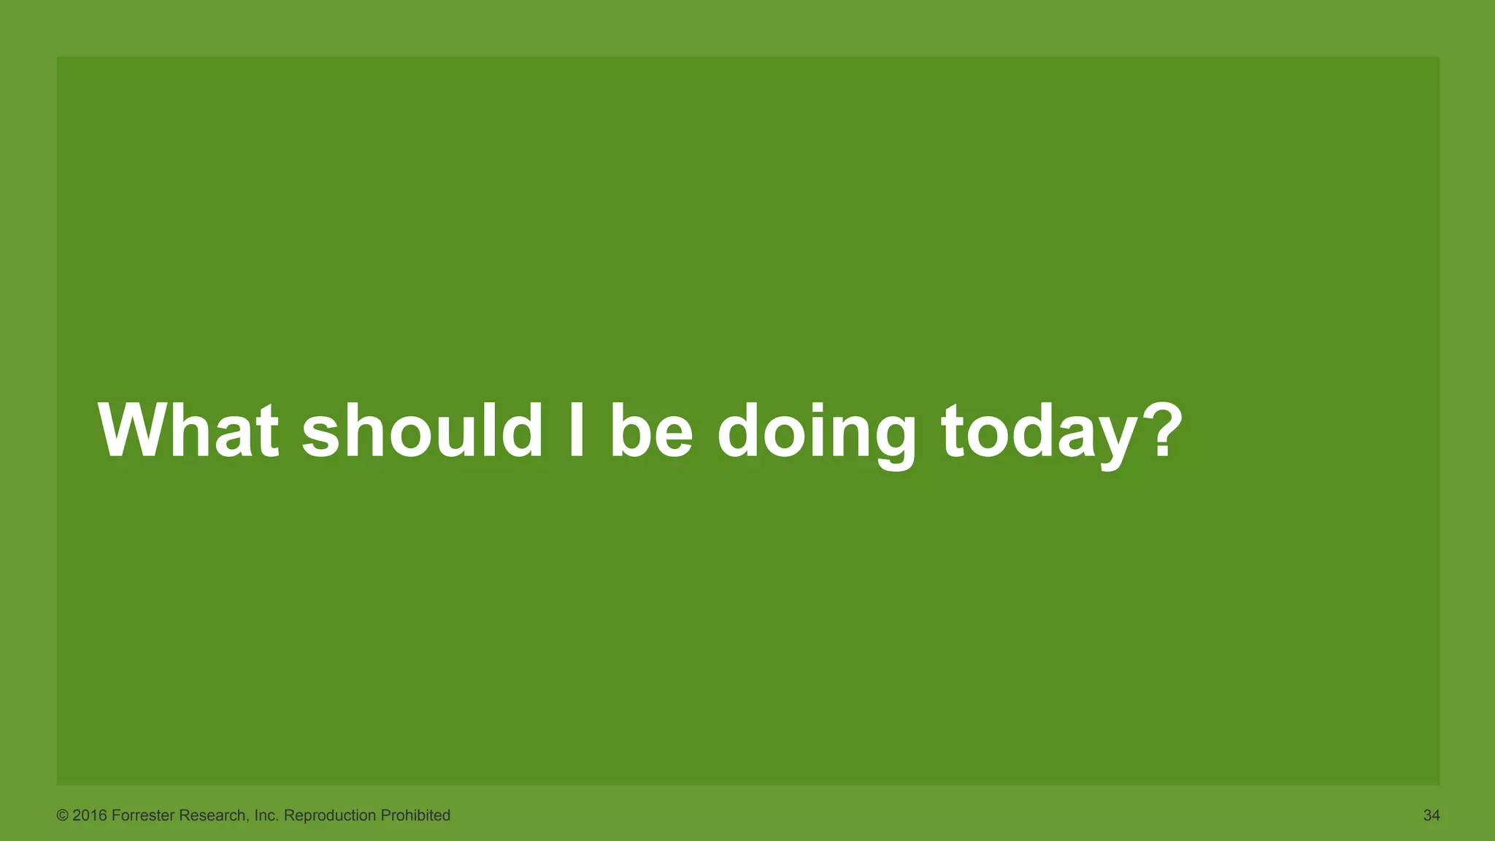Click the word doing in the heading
816,432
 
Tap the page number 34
1431,815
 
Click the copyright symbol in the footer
62,815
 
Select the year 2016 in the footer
90,815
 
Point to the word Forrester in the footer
143,815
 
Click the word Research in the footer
213,815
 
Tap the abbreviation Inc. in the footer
266,815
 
